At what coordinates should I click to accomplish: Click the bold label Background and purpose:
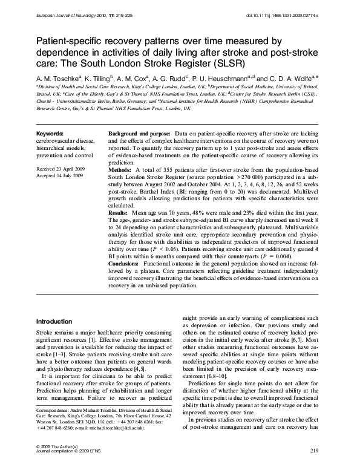(x=139, y=132)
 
